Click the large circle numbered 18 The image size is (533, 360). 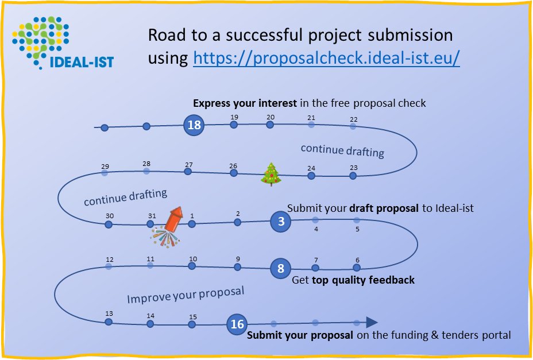click(194, 125)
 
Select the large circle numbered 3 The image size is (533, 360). click(281, 222)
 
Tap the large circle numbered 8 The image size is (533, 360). click(281, 268)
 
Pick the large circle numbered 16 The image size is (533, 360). click(237, 324)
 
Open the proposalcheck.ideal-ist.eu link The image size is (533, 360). click(326, 59)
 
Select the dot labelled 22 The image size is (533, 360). click(353, 127)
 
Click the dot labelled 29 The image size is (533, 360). click(105, 172)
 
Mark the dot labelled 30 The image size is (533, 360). click(109, 224)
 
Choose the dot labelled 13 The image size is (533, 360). click(109, 322)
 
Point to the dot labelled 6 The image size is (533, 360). click(357, 267)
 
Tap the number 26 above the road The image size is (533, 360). click(233, 167)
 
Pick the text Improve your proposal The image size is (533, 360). click(186, 295)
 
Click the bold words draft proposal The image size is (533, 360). click(385, 208)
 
